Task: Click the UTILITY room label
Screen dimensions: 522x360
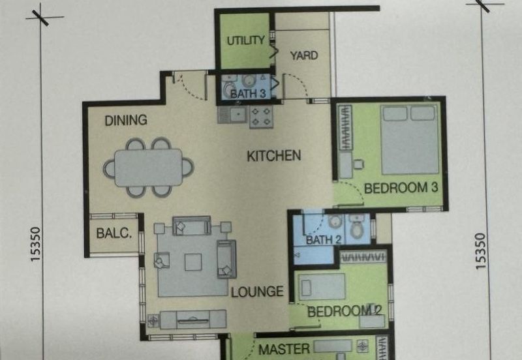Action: point(246,40)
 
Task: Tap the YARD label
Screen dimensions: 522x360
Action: point(304,55)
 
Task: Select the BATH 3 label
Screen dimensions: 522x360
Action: point(248,94)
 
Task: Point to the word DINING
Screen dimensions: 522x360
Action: point(126,120)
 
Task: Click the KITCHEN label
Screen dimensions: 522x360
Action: point(274,156)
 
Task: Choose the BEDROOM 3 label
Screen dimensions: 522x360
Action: point(401,188)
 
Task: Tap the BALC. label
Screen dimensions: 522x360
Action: point(114,233)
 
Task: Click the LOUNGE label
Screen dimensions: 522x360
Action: point(257,292)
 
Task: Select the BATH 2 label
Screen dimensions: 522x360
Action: point(324,240)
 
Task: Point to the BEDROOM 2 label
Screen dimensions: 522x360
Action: point(345,312)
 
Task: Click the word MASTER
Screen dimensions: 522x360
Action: point(284,349)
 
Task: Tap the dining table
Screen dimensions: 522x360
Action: point(149,168)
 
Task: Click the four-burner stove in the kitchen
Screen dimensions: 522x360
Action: point(262,117)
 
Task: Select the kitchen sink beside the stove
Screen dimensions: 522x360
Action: point(234,114)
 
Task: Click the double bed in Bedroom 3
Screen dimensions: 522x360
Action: point(409,140)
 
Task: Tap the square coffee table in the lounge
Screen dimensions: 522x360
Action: point(193,262)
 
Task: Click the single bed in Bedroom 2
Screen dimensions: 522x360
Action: point(321,287)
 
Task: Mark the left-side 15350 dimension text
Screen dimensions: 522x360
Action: point(35,244)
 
